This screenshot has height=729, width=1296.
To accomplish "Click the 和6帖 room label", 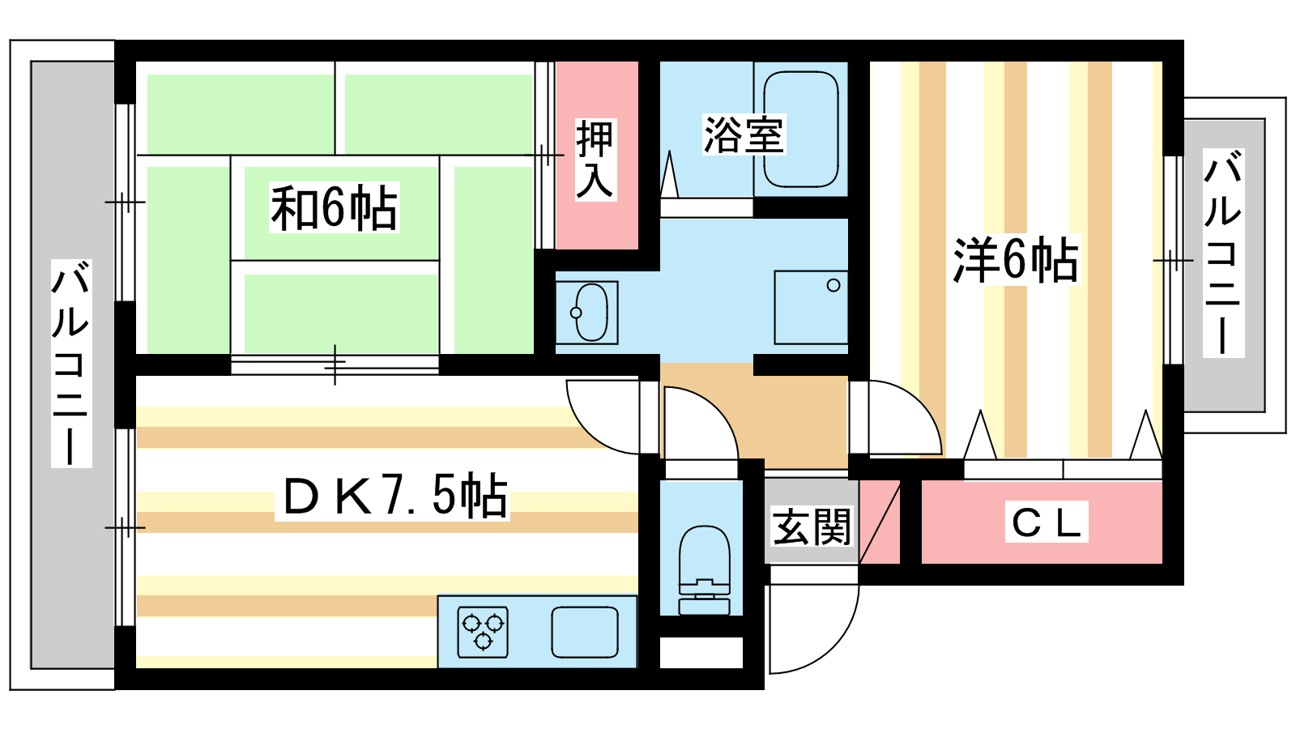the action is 335,207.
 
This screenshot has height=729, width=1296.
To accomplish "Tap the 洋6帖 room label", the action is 1016,260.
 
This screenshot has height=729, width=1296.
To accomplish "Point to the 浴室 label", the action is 744,134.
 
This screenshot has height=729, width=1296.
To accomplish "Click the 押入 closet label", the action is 595,160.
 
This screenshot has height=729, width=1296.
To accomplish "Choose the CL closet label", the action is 1046,522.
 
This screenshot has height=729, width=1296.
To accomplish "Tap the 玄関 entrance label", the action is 812,526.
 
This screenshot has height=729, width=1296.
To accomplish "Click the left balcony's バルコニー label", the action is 71,364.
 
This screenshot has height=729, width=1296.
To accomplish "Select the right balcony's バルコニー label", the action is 1223,252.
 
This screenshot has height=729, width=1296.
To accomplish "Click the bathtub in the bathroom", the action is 801,129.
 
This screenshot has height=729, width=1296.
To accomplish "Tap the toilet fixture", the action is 704,570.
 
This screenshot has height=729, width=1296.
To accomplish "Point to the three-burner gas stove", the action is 483,633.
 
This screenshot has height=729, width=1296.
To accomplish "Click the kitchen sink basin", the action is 584,633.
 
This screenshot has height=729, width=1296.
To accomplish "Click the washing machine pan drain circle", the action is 833,285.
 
